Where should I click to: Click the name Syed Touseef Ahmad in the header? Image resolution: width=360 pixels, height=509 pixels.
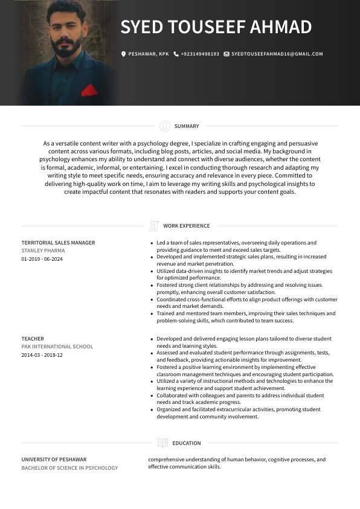point(216,27)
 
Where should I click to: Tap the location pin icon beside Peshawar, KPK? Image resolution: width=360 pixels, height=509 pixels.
point(124,54)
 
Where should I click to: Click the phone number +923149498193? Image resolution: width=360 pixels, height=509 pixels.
point(199,54)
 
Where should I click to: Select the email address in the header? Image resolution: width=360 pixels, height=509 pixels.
point(277,54)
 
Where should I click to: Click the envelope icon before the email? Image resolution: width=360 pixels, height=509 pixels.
point(227,54)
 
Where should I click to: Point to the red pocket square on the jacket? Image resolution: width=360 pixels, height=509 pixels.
point(89,91)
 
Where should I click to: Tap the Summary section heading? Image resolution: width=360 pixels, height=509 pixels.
point(186,126)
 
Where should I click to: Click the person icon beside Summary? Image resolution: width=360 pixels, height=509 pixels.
point(165,126)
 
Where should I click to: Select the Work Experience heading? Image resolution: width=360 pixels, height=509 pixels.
point(186,226)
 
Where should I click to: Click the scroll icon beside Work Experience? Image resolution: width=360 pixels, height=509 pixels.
point(153,226)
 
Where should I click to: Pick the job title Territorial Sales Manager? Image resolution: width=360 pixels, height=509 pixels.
point(58,243)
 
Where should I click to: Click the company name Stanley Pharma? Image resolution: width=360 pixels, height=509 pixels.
point(43,251)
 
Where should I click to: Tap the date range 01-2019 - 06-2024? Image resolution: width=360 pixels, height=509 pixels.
point(42,259)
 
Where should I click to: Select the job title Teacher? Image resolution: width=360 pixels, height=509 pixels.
point(33,339)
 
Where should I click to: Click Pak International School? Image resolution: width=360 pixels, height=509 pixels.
point(57,347)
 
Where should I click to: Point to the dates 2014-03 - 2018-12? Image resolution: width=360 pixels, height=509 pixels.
point(42,355)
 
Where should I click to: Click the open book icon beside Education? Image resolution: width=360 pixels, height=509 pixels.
point(162,443)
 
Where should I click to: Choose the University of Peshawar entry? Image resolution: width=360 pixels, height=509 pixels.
point(54,459)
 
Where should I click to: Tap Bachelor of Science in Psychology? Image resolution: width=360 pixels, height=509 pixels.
point(69,468)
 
